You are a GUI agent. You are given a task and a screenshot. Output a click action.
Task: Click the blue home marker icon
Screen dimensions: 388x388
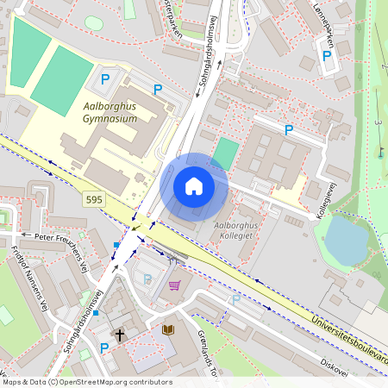pyautogui.click(x=194, y=185)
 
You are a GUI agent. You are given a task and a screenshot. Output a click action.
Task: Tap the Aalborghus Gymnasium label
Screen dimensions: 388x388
pyautogui.click(x=110, y=113)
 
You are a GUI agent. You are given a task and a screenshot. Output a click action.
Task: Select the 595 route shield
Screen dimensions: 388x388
pyautogui.click(x=96, y=199)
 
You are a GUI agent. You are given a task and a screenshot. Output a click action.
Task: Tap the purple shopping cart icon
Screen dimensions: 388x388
pyautogui.click(x=174, y=285)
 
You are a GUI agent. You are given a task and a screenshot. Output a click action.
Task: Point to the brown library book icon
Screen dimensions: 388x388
pyautogui.click(x=166, y=329)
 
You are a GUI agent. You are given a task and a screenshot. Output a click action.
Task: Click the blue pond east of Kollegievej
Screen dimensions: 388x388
pyautogui.click(x=346, y=241)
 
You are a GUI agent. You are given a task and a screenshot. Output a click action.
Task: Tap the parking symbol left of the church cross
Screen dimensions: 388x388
pyautogui.click(x=104, y=347)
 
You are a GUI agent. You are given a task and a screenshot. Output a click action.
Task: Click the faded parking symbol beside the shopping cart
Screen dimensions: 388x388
pyautogui.click(x=147, y=278)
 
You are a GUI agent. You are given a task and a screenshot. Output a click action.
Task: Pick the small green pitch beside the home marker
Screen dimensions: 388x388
pyautogui.click(x=224, y=153)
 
